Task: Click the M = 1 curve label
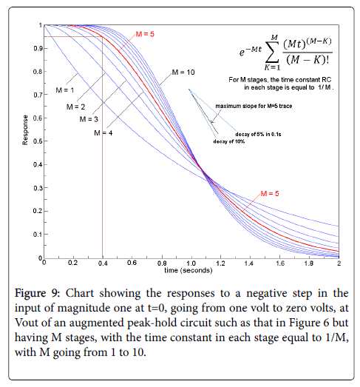pyautogui.click(x=65, y=90)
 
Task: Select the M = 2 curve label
pyautogui.click(x=75, y=107)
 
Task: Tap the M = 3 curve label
pyautogui.click(x=89, y=119)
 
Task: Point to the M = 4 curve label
pyautogui.click(x=103, y=133)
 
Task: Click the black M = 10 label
pyautogui.click(x=183, y=73)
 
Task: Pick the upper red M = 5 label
pyautogui.click(x=145, y=34)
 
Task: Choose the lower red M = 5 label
pyautogui.click(x=270, y=194)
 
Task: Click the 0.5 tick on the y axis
pyautogui.click(x=38, y=141)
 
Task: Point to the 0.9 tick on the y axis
pyautogui.click(x=38, y=48)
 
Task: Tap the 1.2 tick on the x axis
pyautogui.click(x=220, y=263)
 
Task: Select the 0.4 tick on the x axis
pyautogui.click(x=103, y=263)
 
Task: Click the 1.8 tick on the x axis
pyautogui.click(x=309, y=263)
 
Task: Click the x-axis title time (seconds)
pyautogui.click(x=189, y=271)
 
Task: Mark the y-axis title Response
pyautogui.click(x=25, y=129)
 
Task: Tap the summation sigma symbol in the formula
pyautogui.click(x=272, y=53)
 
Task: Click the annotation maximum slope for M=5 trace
pyautogui.click(x=254, y=106)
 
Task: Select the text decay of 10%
pyautogui.click(x=229, y=141)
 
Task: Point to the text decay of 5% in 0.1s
pyautogui.click(x=258, y=134)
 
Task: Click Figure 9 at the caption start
pyautogui.click(x=37, y=294)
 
